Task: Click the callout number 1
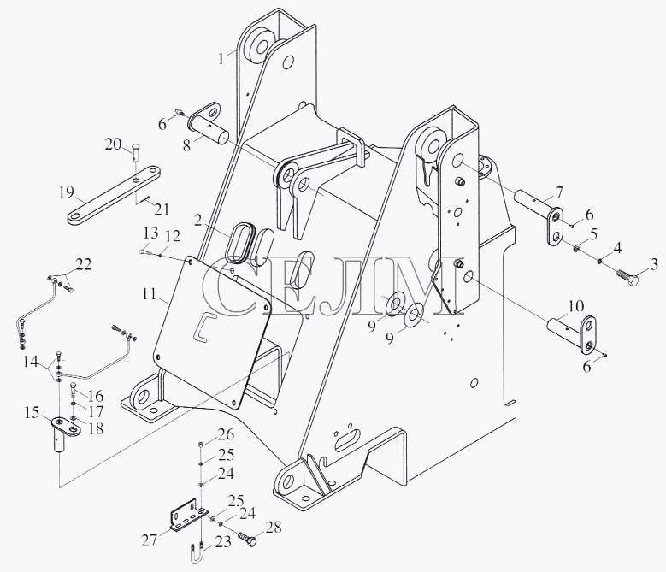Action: [221, 57]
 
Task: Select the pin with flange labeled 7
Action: [540, 215]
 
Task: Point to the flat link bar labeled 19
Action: [115, 194]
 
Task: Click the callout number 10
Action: [576, 306]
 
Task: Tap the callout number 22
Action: [83, 264]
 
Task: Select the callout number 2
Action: [197, 221]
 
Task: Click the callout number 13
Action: [150, 233]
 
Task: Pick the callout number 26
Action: [226, 434]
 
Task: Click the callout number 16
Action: [97, 396]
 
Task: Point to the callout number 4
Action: [617, 248]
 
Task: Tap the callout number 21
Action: [162, 209]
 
